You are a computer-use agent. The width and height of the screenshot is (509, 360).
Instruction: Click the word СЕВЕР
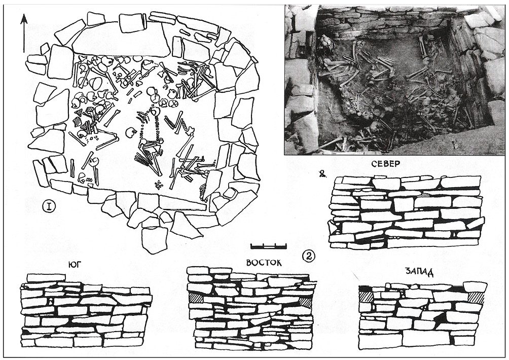386,164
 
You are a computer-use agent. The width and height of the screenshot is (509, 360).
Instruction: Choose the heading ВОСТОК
264,262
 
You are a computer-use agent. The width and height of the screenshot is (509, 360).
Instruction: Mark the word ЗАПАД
419,273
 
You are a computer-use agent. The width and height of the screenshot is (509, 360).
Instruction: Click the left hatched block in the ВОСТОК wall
196,298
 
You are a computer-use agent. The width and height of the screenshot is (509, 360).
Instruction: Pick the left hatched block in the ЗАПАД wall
366,297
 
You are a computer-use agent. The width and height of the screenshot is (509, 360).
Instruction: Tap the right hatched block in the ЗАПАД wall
476,297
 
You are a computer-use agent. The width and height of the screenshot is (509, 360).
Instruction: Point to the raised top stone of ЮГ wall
46,278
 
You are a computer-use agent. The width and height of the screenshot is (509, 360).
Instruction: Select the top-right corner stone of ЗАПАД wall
475,286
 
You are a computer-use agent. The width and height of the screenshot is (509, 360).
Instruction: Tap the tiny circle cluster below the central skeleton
158,185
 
